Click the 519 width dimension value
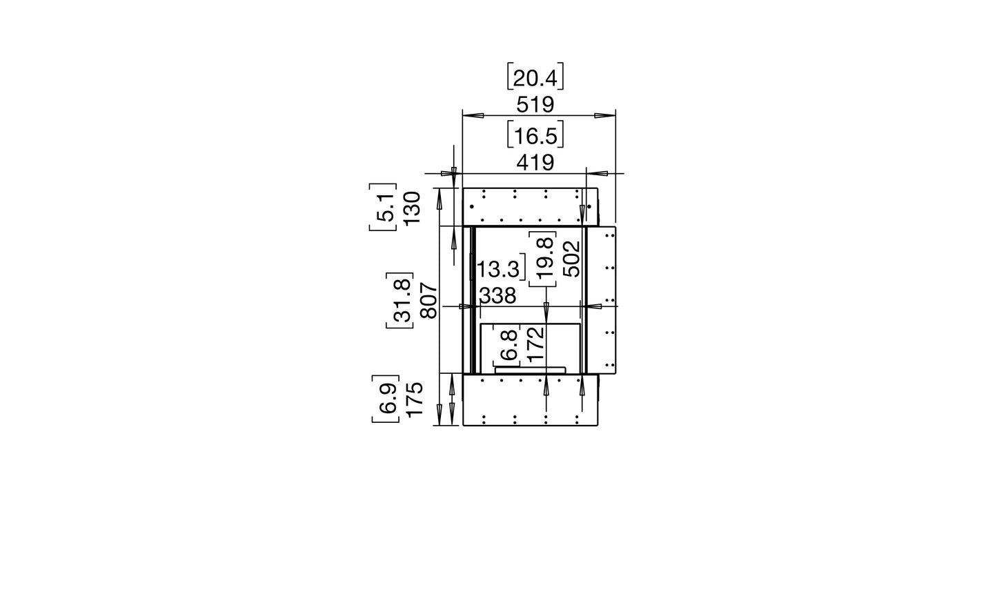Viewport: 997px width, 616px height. tap(535, 105)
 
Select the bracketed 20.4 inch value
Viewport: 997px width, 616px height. tap(535, 77)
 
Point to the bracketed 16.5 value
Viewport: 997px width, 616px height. tap(535, 135)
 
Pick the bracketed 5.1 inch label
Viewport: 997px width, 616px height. tap(384, 209)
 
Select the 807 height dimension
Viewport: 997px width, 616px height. tap(428, 301)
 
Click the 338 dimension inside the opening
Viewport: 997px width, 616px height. tap(497, 296)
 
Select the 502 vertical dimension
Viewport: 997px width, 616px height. tap(571, 258)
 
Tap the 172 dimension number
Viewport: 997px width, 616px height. tap(535, 344)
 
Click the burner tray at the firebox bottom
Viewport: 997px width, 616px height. tap(531, 370)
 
